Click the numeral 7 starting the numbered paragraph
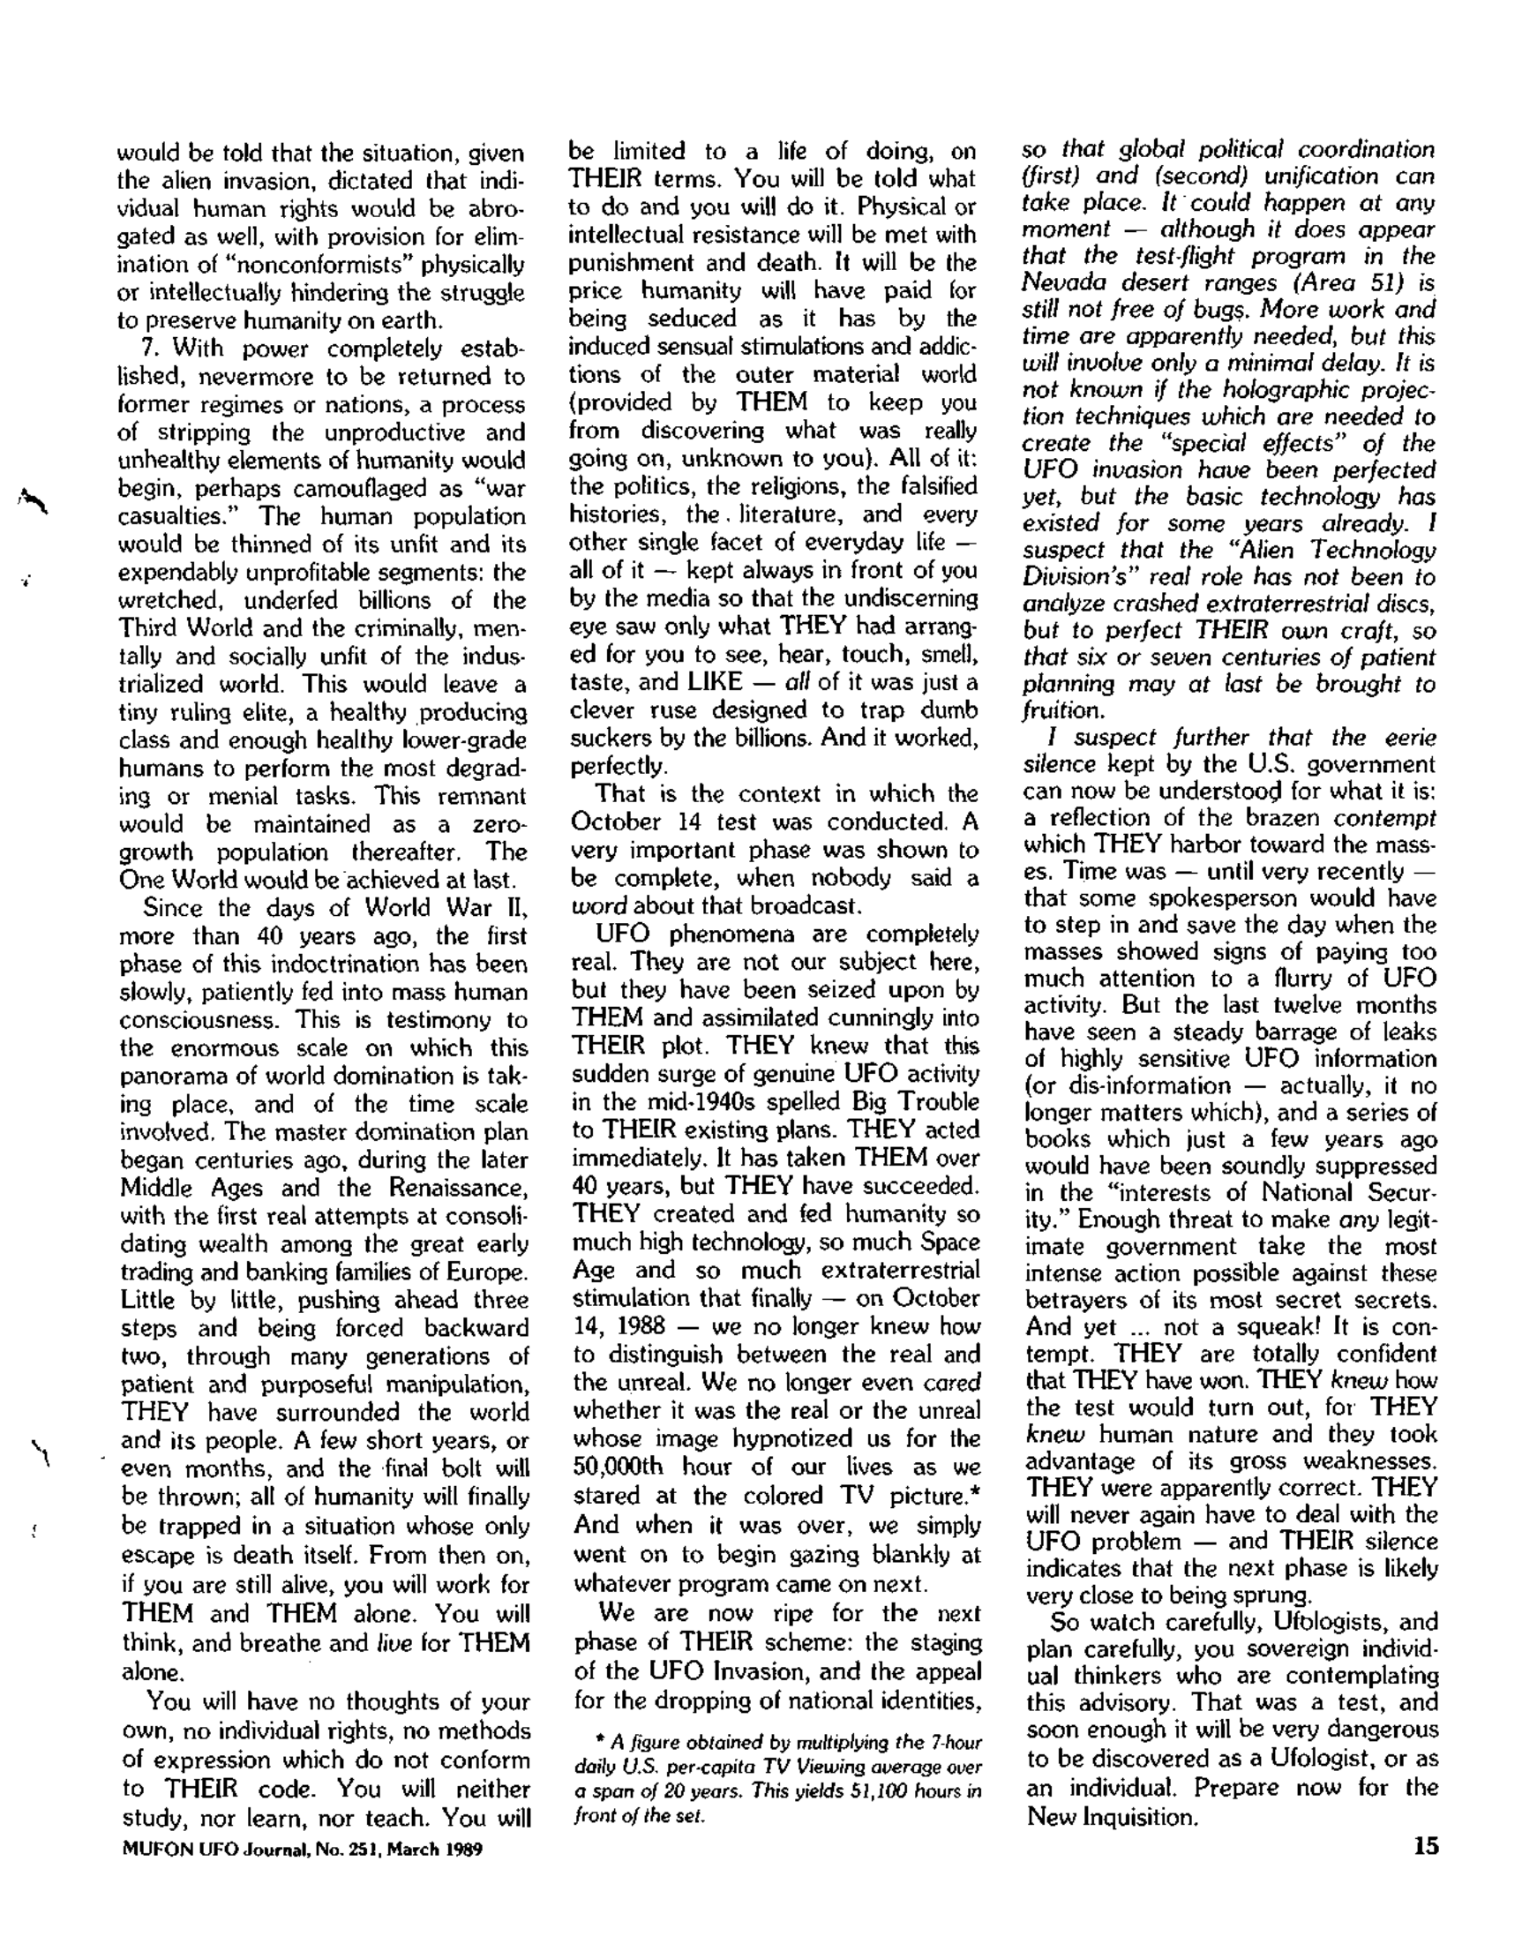click(149, 349)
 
